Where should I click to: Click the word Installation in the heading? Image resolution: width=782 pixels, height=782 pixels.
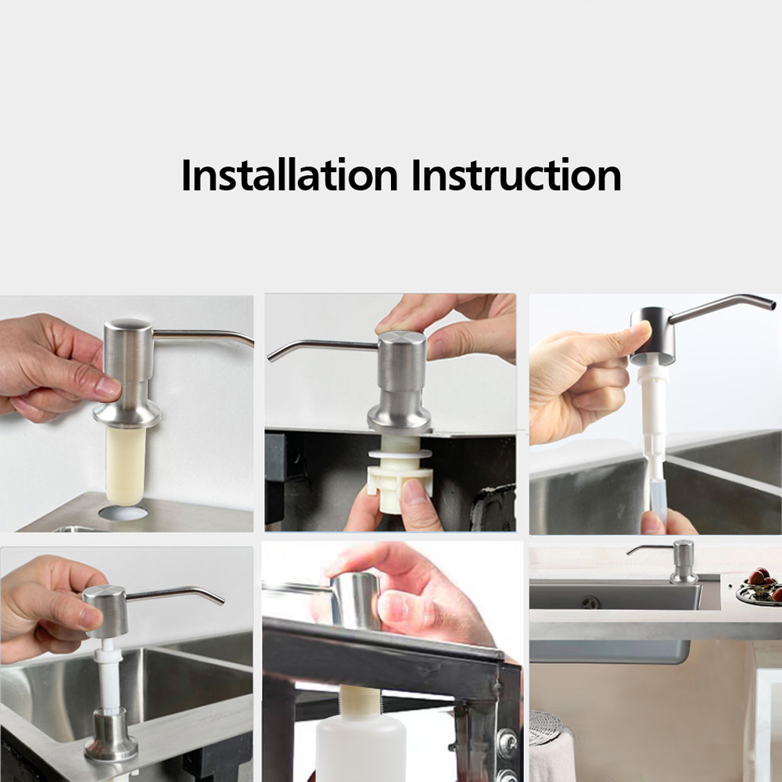click(289, 174)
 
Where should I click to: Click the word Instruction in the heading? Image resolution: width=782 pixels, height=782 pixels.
click(516, 174)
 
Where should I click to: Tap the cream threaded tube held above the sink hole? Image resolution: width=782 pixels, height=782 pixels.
click(125, 465)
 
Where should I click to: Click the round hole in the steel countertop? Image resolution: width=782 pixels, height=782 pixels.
click(123, 513)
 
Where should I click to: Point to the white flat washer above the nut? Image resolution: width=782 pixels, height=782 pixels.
click(400, 454)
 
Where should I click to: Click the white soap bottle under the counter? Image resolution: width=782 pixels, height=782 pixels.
click(361, 748)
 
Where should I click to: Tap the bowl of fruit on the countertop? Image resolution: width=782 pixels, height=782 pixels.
click(760, 586)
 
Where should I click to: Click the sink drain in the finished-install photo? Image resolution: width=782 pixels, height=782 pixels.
click(591, 602)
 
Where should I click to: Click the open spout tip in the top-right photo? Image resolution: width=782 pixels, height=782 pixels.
click(772, 302)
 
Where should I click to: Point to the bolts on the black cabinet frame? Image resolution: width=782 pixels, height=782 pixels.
click(507, 748)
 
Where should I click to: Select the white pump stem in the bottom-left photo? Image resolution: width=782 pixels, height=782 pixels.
click(109, 673)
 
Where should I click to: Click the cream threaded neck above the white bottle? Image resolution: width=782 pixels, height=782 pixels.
click(359, 701)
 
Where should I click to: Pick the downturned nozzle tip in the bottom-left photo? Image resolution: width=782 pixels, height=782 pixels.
click(221, 601)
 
